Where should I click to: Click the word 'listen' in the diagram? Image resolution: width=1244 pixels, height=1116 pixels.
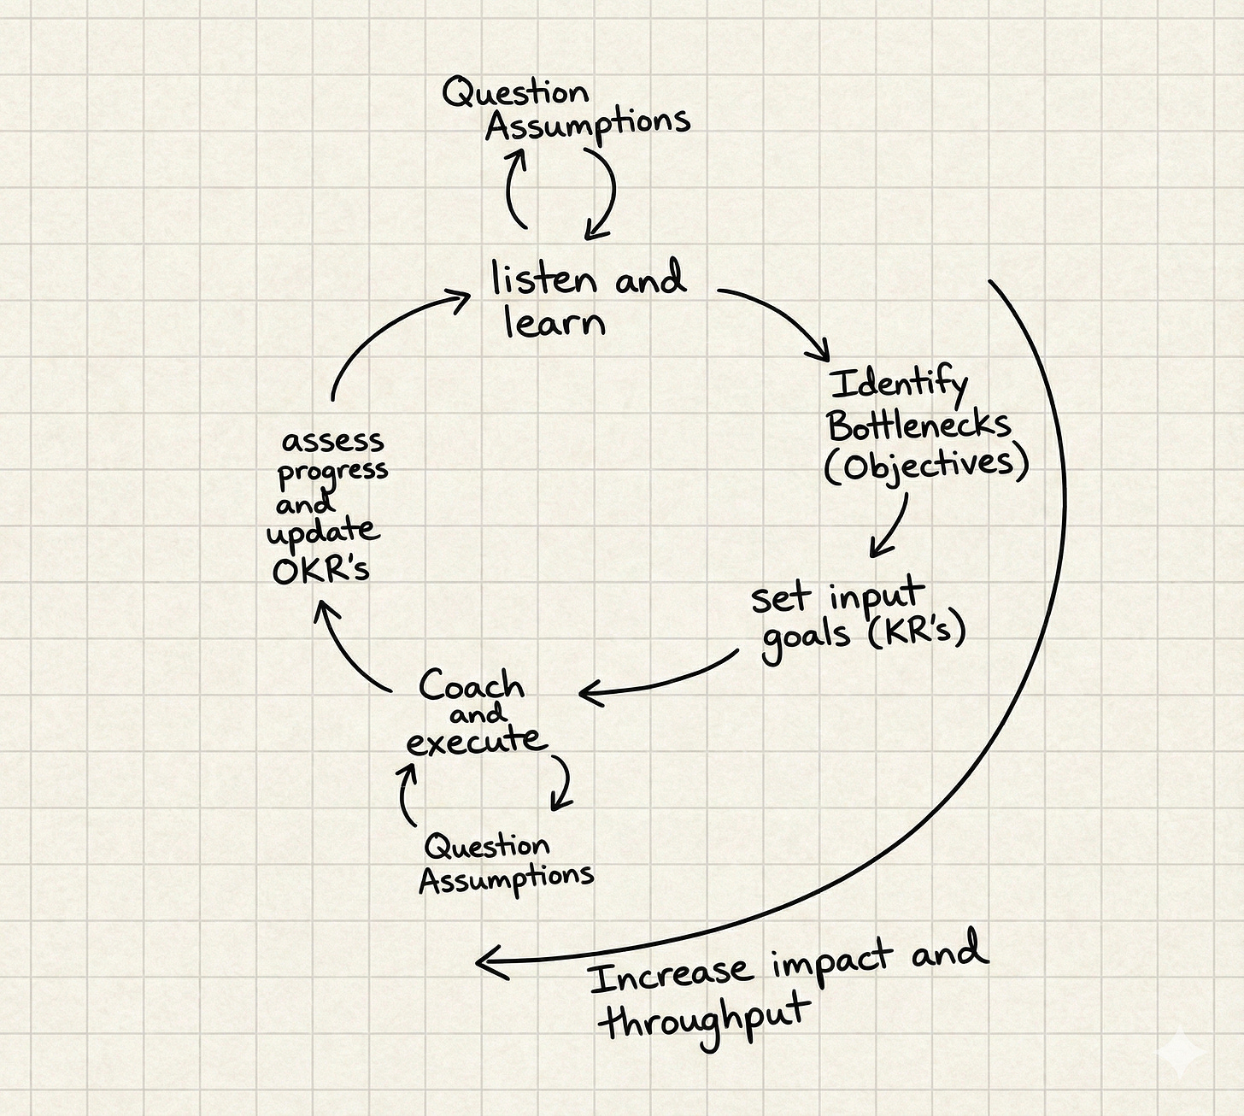pyautogui.click(x=543, y=279)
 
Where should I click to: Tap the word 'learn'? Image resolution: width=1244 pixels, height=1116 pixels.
pyautogui.click(x=555, y=323)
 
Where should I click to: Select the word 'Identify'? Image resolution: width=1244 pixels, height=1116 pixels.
pyautogui.click(x=899, y=385)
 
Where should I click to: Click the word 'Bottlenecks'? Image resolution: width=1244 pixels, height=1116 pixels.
pyautogui.click(x=919, y=425)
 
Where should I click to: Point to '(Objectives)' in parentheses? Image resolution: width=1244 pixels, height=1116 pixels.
pyautogui.click(x=926, y=465)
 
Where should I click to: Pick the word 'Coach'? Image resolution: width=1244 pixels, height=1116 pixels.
pyautogui.click(x=471, y=685)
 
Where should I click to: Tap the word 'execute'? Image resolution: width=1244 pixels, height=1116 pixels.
pyautogui.click(x=475, y=740)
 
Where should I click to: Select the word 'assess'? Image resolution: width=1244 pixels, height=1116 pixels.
pyautogui.click(x=332, y=442)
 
